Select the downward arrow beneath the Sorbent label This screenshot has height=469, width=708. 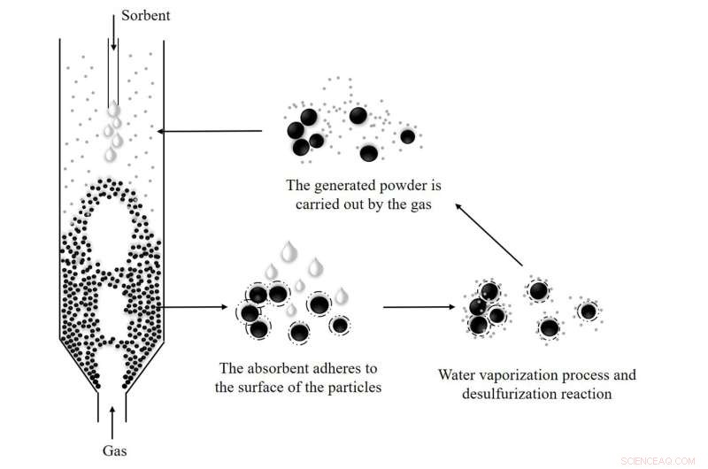coord(113,36)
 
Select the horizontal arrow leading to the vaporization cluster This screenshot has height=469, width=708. coord(416,308)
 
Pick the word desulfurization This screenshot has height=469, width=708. coord(503,393)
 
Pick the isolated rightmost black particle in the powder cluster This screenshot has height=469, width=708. coord(407,136)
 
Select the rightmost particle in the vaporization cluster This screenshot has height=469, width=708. coord(588,311)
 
